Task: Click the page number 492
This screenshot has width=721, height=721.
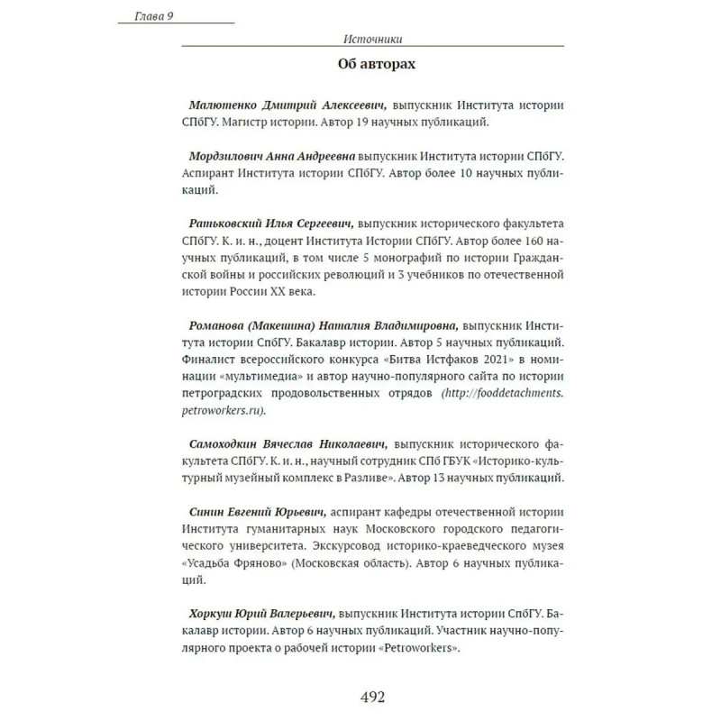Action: tap(372, 697)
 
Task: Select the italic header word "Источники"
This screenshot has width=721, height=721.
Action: tap(372, 39)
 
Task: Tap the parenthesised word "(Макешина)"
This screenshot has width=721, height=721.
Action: tap(301, 325)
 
